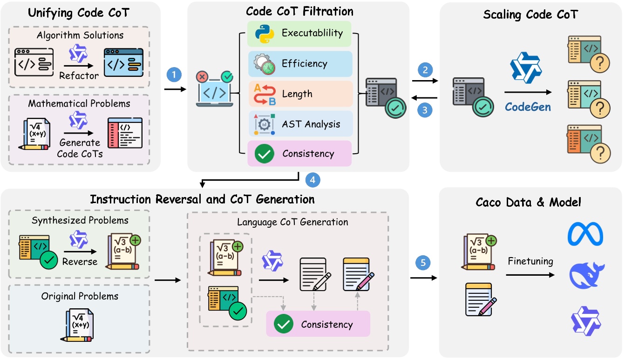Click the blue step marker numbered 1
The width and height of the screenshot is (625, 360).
[174, 74]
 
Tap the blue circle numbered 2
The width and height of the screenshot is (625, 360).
[425, 70]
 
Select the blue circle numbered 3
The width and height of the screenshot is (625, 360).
[425, 111]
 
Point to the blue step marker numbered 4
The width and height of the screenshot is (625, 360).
[312, 179]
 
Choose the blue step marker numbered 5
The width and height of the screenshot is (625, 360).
[423, 263]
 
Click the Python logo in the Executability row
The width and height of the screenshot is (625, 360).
[264, 33]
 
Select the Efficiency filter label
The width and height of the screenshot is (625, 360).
[304, 64]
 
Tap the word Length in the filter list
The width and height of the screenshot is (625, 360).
[297, 94]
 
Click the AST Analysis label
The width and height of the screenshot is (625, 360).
[311, 124]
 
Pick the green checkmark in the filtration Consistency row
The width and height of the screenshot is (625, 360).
[265, 154]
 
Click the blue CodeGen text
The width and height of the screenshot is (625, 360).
[528, 107]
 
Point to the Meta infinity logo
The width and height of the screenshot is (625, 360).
[585, 234]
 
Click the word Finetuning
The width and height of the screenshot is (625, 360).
[530, 262]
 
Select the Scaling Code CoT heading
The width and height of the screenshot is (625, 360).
[531, 14]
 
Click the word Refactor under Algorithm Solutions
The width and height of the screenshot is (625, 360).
[79, 75]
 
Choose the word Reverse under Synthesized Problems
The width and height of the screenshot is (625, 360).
[80, 261]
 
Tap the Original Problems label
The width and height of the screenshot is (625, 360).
[80, 296]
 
